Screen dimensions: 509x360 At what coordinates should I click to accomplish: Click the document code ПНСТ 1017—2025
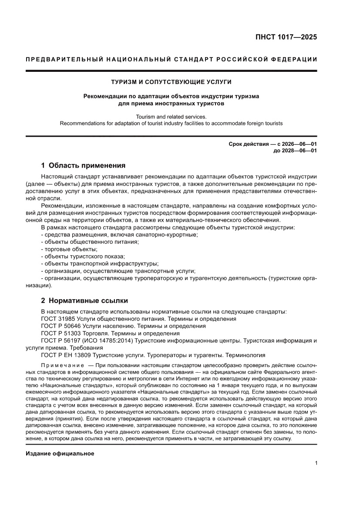286,37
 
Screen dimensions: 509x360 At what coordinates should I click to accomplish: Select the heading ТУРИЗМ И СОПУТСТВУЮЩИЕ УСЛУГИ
171,81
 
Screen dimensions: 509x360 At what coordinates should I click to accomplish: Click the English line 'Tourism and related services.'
171,117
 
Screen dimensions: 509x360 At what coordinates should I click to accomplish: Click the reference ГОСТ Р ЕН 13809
67,355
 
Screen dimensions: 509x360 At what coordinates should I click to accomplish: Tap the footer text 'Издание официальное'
60,453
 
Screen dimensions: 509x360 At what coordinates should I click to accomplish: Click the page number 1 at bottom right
316,463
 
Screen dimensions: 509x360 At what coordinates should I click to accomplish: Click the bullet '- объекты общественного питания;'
90,242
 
